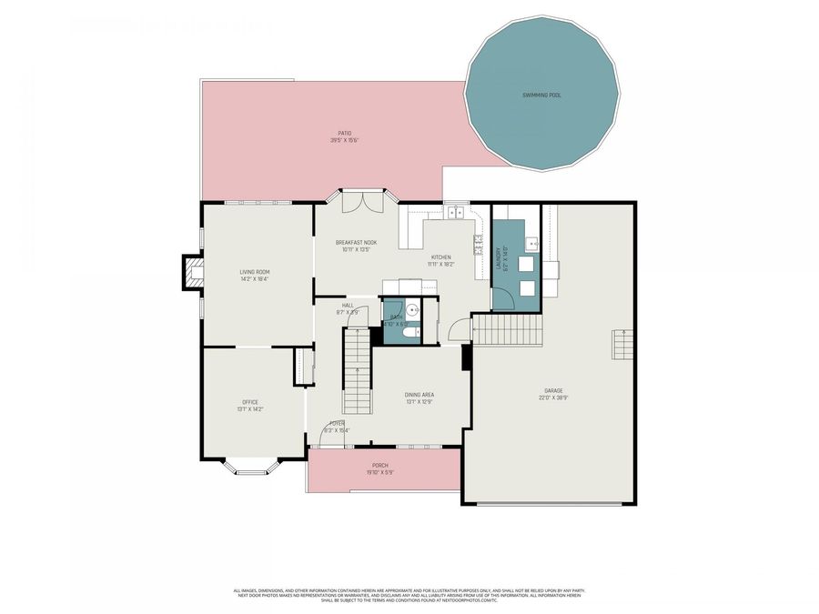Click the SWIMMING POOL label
coord(541,95)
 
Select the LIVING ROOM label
coord(254,272)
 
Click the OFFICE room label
coord(250,402)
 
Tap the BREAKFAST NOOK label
coord(356,242)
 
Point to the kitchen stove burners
coord(478,244)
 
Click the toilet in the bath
coord(409,333)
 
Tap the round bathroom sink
coord(412,310)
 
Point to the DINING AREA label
coord(419,395)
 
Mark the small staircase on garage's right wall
coord(622,345)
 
